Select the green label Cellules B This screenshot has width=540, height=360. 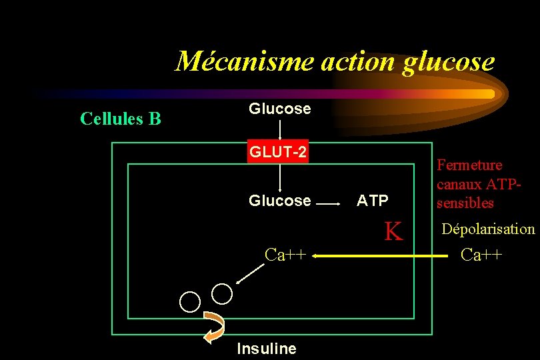point(120,119)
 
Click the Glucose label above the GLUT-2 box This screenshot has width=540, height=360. point(279,109)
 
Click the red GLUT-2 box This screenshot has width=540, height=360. point(278,153)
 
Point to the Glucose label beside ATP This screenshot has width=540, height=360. point(279,201)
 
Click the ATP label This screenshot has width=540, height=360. point(373,201)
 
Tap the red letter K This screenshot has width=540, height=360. point(393,231)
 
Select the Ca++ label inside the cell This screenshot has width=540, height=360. point(285,255)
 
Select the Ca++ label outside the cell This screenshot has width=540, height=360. point(482,255)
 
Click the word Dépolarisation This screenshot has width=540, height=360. point(488,229)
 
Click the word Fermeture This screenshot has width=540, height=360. point(469,165)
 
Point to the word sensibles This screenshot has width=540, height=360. point(465,203)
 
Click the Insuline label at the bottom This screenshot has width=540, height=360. point(267,349)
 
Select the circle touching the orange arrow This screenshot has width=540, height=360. point(190,302)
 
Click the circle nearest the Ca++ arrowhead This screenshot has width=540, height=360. point(222,293)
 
